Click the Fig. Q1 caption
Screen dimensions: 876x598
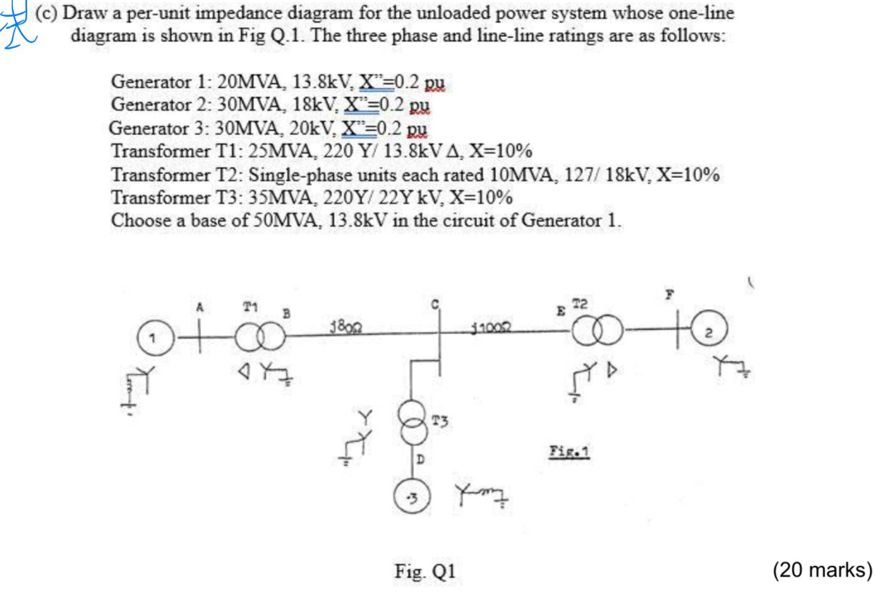pos(425,572)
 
